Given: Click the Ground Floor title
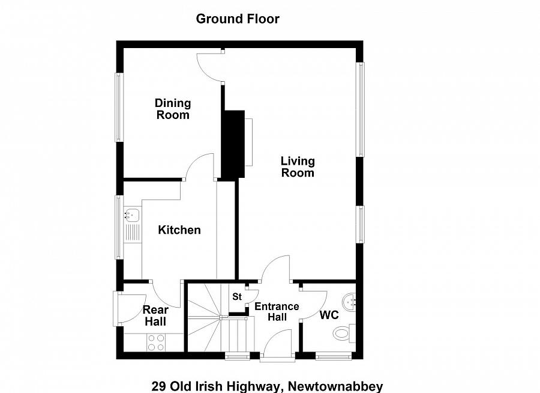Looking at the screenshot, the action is coord(238,19).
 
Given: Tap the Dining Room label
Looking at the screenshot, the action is coord(173,109).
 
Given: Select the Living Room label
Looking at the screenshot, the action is coord(298,166).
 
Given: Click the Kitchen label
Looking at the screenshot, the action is coord(179,230).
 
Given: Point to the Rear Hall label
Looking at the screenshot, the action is coord(155,315).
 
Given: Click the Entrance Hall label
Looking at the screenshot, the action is coord(277,311).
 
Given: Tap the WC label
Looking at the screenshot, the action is coord(329,315).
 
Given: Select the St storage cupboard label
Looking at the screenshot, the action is coord(237,296).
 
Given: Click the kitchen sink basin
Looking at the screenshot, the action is coord(131,215).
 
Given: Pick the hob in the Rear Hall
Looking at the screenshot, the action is coord(156,343).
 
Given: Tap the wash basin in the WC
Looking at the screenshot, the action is coord(349,302).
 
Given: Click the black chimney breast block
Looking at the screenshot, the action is coord(232,144).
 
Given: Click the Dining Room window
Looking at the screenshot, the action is coord(119,107).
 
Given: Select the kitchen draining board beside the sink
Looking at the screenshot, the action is coord(132,232).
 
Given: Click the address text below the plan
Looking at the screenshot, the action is coord(267,386).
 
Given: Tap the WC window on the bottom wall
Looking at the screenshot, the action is coord(334,356).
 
